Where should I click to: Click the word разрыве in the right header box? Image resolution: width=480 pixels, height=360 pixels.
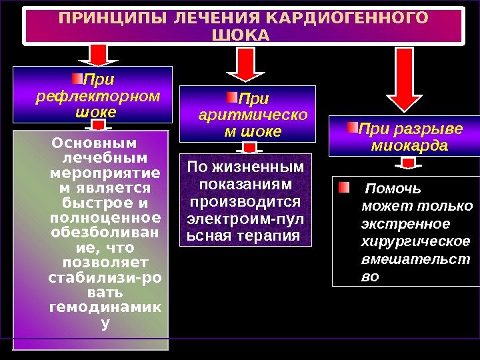(435, 128)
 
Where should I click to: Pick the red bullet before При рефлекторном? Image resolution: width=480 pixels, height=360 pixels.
(78, 80)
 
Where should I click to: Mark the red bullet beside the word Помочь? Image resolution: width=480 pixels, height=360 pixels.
(343, 187)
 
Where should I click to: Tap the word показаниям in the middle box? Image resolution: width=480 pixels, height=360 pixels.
(244, 183)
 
